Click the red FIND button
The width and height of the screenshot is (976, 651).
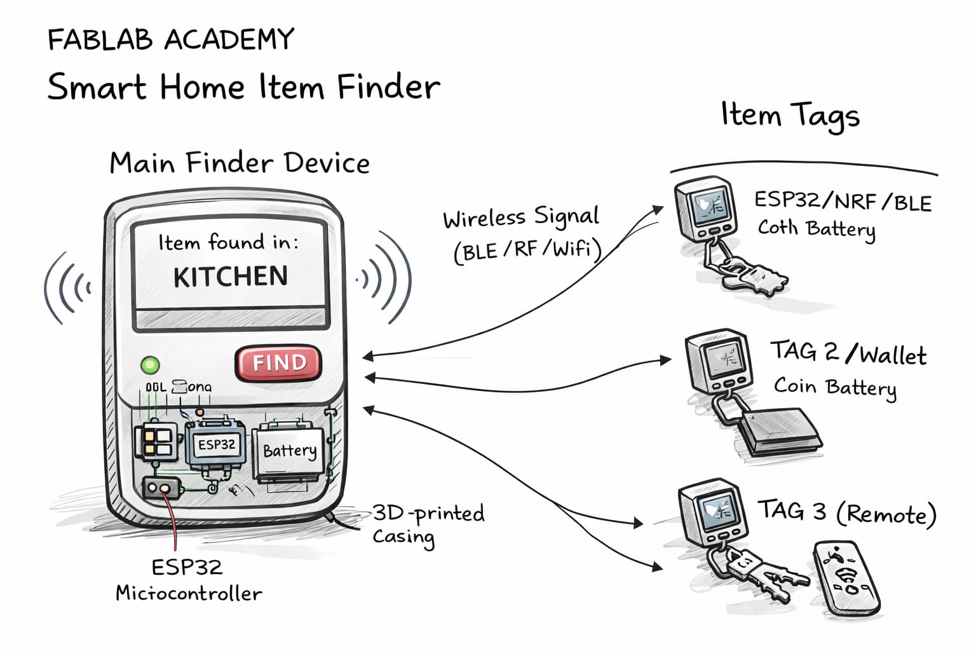[278, 363]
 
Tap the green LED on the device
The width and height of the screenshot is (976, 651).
[151, 366]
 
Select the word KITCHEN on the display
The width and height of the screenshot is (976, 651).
[231, 277]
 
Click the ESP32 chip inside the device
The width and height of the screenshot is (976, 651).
[216, 444]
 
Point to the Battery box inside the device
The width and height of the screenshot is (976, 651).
[289, 453]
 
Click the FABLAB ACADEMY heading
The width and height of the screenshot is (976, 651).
[171, 39]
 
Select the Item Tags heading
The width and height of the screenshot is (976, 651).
[790, 116]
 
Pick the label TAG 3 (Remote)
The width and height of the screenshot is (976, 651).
[846, 512]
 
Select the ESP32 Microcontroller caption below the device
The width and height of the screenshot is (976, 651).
[188, 580]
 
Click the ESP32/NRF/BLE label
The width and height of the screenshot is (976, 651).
[843, 202]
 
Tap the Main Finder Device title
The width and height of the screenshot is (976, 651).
[240, 163]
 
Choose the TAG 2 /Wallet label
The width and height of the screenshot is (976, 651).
[848, 353]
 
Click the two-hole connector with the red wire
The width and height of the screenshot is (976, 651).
[159, 488]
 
